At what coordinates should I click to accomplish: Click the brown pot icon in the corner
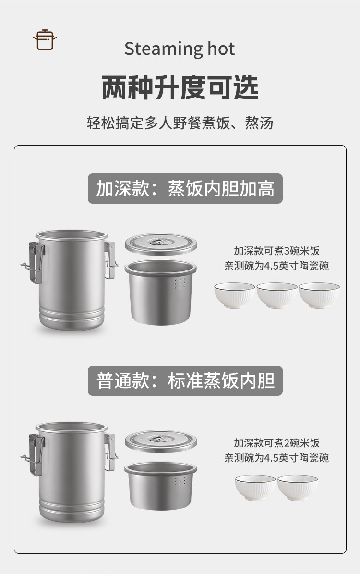point(45,39)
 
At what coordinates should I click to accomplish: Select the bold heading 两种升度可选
point(180,87)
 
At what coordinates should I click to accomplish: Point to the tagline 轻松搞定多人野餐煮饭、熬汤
point(180,123)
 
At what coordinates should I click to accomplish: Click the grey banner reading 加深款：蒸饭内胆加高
point(185,189)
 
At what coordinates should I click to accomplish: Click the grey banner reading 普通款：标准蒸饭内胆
point(185,381)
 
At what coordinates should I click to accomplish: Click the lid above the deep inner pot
point(161,244)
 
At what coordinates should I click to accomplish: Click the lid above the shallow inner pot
point(161,440)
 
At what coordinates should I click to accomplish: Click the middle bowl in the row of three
point(277,295)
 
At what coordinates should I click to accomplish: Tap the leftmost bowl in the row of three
point(235,295)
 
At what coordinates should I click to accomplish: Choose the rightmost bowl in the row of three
point(319,295)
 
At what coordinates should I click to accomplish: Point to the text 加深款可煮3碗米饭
point(276,251)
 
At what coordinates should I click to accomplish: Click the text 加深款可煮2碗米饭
point(276,443)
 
